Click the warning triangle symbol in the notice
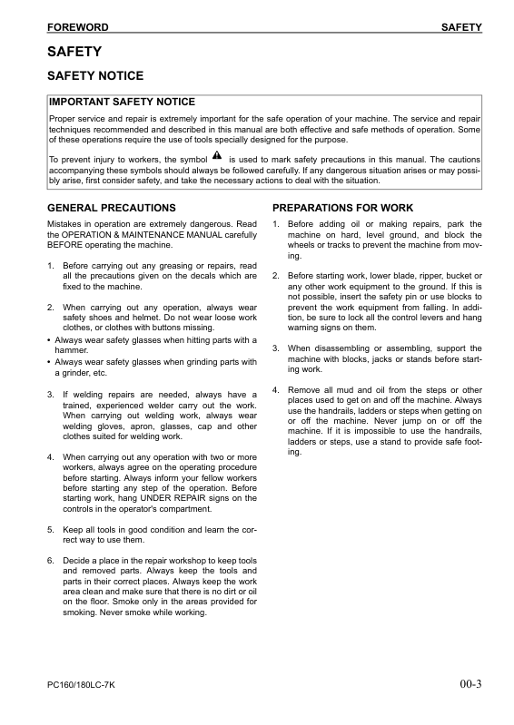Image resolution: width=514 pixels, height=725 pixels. [216, 156]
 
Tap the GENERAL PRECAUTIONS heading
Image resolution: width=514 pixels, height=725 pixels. [111, 208]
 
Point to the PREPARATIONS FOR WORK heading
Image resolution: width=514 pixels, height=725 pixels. [342, 208]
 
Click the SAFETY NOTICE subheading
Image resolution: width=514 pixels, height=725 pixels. [95, 76]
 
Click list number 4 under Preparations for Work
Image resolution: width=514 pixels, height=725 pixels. [276, 389]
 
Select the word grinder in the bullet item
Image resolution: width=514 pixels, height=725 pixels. [70, 372]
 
